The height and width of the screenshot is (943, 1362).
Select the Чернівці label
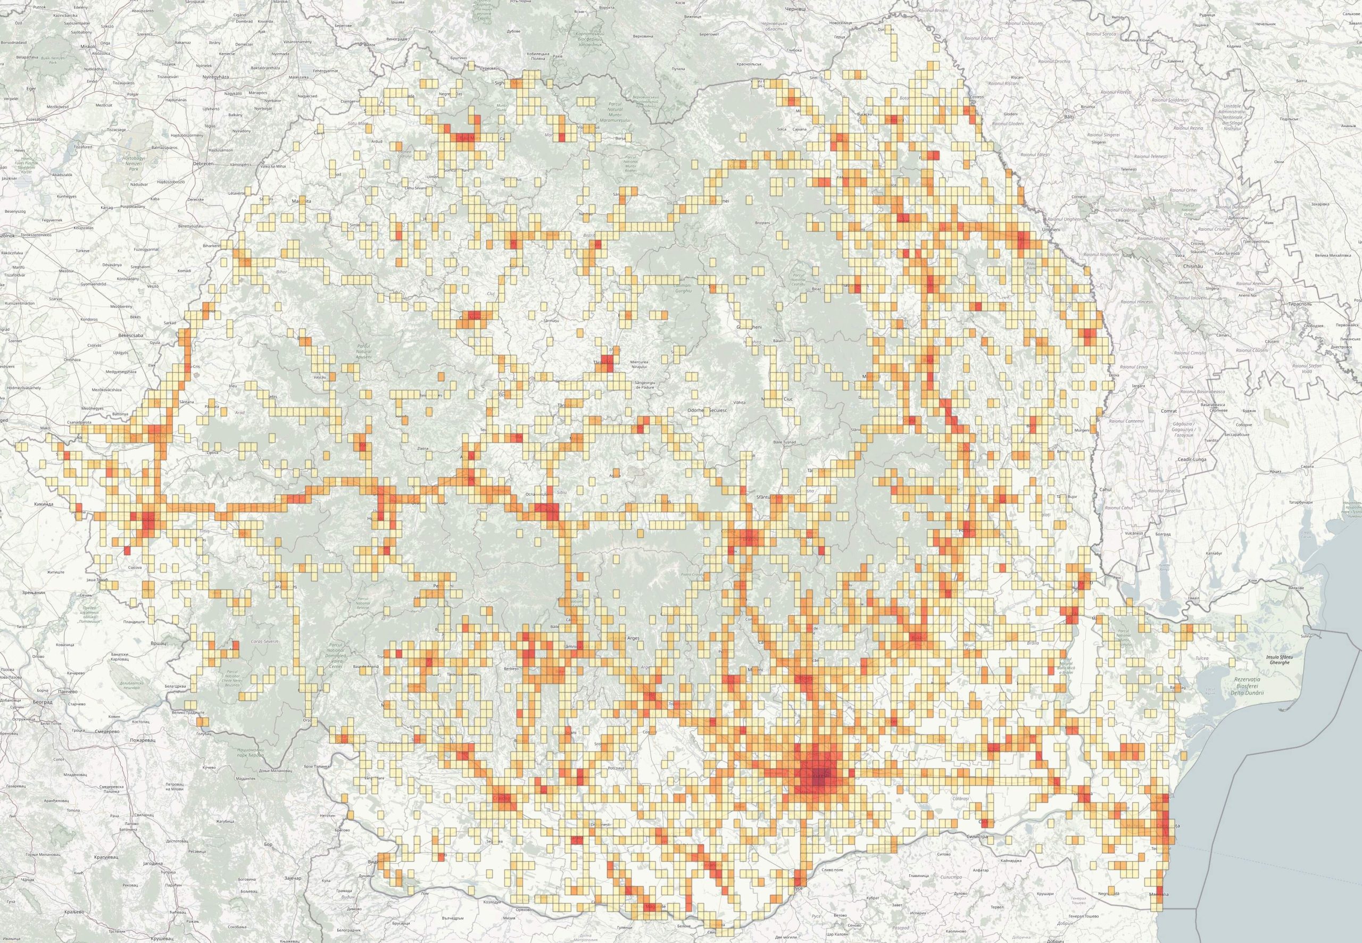(795, 9)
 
